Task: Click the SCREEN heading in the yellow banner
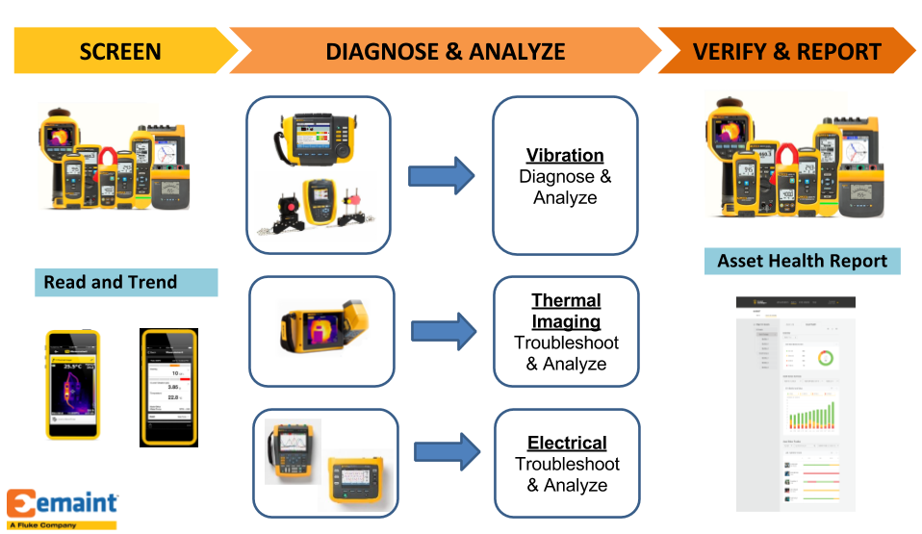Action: tap(120, 51)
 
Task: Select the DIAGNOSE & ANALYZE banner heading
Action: tap(446, 51)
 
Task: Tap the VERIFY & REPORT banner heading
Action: tap(786, 51)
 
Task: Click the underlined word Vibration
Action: tap(565, 156)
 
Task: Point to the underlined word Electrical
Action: tap(567, 444)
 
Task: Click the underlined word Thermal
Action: tap(566, 301)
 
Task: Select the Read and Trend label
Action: tap(111, 282)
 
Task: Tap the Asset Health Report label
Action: tap(803, 261)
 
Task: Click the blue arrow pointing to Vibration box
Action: tap(442, 176)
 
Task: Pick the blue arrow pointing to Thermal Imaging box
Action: tap(443, 330)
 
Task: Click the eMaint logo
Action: tap(63, 503)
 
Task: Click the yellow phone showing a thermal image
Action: tap(73, 384)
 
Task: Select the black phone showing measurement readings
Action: tap(168, 387)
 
